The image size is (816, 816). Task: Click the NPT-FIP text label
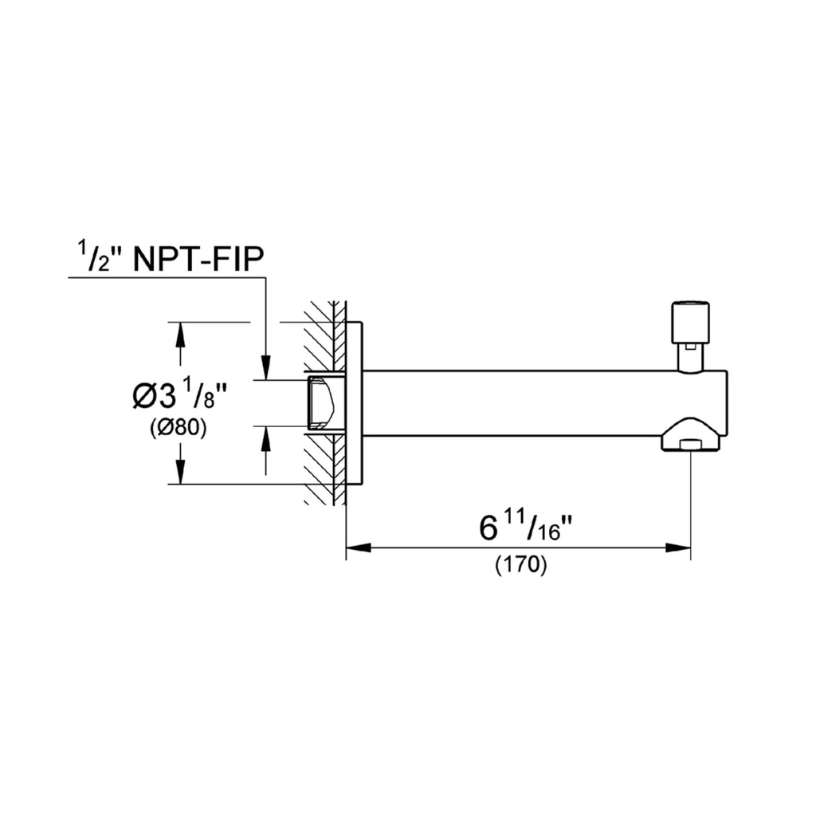[198, 259]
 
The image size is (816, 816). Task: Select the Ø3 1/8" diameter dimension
[180, 396]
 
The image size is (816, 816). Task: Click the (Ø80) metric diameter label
[178, 428]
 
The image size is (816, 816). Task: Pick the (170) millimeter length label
[520, 565]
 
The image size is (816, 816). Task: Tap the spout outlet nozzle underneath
[691, 435]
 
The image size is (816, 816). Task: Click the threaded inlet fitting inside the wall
[325, 402]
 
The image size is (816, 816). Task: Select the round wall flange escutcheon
[355, 403]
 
